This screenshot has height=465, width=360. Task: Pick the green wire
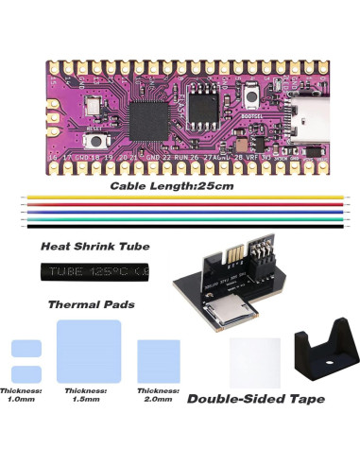[x=180, y=219]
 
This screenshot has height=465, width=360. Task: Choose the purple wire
[x=180, y=213]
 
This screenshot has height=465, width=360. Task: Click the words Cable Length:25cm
[x=171, y=186]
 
